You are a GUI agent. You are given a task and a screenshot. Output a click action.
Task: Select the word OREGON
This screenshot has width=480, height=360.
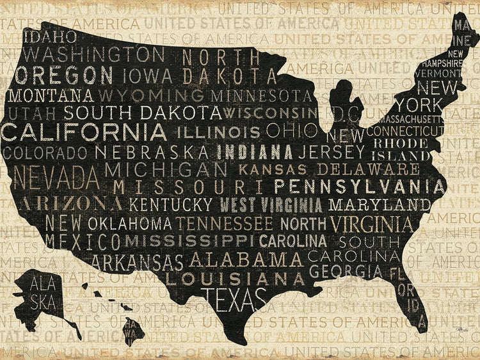point(64,75)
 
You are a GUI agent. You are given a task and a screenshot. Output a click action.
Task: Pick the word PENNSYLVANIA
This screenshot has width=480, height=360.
point(359,187)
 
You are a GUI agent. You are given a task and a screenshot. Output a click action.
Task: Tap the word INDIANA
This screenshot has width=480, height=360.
point(255,152)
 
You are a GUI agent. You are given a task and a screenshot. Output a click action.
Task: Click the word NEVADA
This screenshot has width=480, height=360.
point(56,176)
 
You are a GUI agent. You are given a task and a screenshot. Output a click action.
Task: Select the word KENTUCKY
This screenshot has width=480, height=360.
point(170,205)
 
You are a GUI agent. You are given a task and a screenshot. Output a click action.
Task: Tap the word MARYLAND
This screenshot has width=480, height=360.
point(380,205)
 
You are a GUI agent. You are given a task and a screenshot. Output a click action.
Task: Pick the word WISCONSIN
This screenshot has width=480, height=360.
point(269,113)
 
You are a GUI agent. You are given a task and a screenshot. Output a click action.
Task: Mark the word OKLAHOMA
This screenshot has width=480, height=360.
point(129,224)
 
